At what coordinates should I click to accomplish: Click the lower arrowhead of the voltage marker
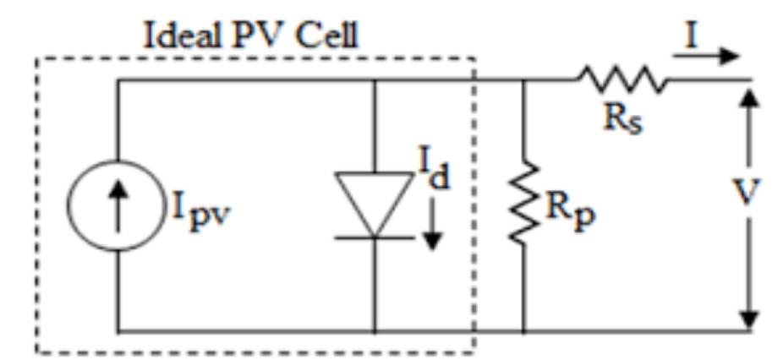pos(748,318)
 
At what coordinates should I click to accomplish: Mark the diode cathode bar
pos(374,237)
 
